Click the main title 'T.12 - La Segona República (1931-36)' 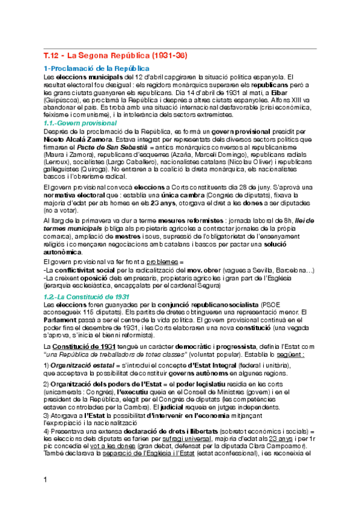[115, 56]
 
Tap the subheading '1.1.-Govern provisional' [81, 123]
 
